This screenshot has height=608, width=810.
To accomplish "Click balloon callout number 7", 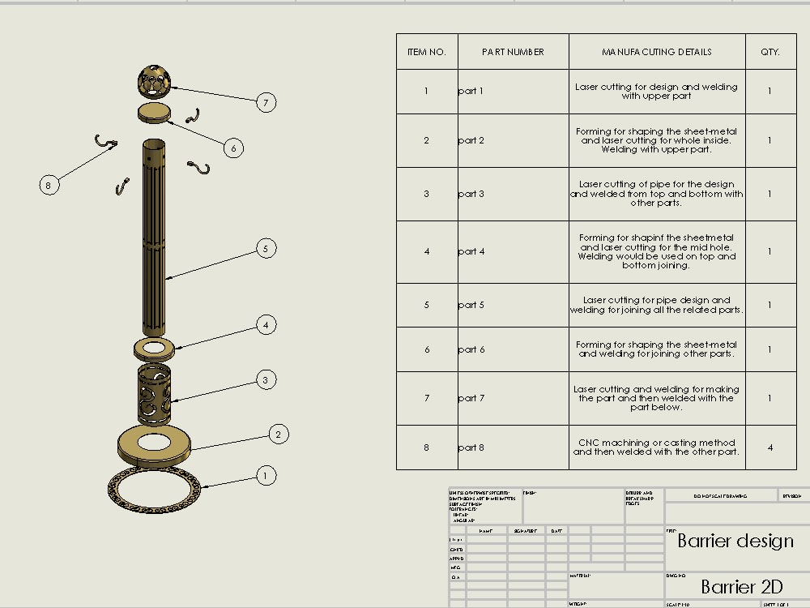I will [266, 102].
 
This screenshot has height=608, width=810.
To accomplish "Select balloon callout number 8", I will [49, 185].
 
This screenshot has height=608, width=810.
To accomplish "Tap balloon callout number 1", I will [266, 476].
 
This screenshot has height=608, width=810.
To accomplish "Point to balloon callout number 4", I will [266, 324].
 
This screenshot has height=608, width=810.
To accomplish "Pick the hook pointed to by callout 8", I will [104, 143].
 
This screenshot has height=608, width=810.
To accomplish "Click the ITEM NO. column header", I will [426, 52].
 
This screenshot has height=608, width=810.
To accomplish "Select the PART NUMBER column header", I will [513, 52].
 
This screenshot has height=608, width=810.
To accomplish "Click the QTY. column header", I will [769, 52].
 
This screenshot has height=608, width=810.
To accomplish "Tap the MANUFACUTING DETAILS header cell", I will [656, 52].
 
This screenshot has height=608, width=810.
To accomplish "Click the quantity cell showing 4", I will [769, 447].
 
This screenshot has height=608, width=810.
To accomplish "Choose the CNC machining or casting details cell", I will [656, 447].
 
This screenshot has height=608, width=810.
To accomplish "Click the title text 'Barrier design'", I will [735, 541].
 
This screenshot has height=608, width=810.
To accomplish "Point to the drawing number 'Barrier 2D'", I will [741, 586].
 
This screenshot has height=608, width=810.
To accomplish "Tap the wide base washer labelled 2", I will [153, 443].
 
